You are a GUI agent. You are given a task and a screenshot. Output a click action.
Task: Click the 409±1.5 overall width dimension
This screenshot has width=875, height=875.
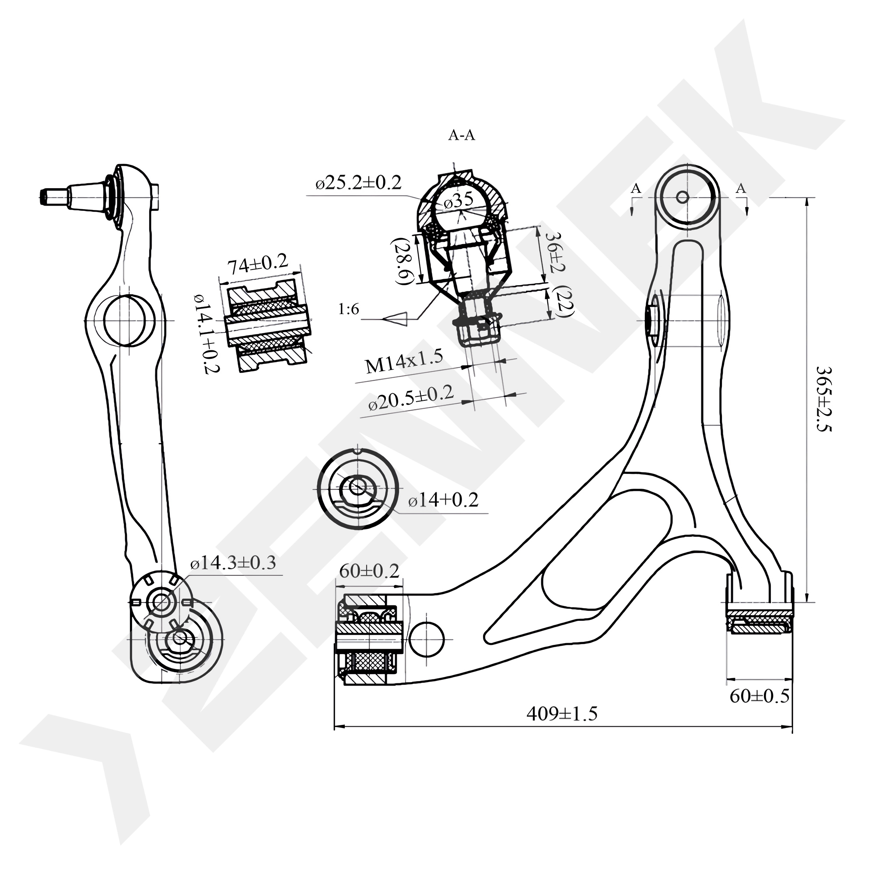pos(562,714)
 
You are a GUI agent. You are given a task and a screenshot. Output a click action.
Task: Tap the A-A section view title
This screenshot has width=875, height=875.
pos(462,135)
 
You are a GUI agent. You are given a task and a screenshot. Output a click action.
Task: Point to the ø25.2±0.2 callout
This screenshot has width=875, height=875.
pos(359,183)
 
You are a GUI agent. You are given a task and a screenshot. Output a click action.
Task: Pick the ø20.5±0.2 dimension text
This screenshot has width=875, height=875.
pos(411,398)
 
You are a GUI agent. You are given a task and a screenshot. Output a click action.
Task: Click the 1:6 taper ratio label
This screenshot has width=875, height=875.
pos(349,309)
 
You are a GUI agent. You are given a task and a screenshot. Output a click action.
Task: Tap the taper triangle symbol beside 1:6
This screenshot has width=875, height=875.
pos(395,318)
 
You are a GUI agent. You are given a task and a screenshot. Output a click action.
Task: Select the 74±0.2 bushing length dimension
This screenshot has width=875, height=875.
pos(257,265)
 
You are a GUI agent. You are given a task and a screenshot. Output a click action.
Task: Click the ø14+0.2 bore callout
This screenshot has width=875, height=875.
pos(443,501)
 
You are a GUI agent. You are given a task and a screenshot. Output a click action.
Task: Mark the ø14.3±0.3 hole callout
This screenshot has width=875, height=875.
pos(233,563)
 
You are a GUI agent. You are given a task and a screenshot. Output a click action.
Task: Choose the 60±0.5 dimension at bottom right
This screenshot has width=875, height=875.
pos(759,696)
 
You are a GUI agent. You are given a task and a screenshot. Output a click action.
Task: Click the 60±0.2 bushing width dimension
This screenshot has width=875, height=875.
pos(369,572)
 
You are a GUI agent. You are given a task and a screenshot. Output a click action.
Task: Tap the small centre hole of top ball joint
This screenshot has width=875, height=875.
pos(682,197)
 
